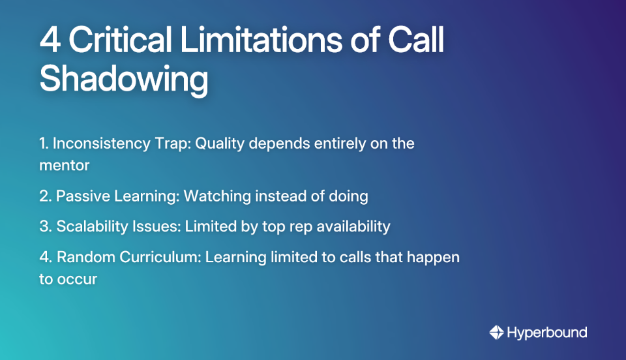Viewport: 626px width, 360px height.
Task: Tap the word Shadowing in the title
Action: tap(124, 80)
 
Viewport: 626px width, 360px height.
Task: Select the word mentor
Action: tap(64, 165)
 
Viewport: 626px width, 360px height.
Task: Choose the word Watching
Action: tap(215, 196)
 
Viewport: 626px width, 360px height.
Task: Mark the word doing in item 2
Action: tap(348, 196)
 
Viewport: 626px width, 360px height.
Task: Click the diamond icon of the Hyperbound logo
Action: tap(497, 333)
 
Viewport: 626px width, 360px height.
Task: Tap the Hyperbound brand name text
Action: tap(547, 333)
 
